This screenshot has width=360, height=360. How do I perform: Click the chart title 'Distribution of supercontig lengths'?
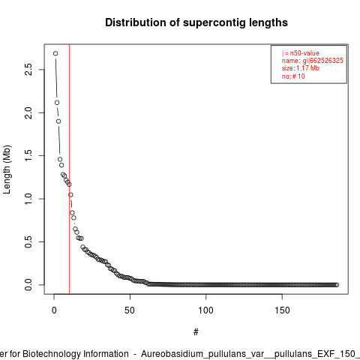coord(196,22)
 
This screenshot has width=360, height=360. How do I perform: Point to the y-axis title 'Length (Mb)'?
coord(7,169)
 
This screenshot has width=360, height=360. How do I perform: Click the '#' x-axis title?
coord(196,332)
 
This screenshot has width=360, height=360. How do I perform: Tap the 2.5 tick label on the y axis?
coord(28,69)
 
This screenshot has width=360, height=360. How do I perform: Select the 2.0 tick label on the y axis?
coord(28,112)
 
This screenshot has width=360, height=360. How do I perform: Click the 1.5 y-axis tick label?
coord(28,156)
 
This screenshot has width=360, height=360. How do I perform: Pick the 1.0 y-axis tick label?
coord(28,199)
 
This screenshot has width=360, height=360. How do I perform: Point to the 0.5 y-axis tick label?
coord(28,241)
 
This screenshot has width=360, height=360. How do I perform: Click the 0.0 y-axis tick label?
coord(28,285)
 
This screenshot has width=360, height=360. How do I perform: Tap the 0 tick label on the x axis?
coord(54,310)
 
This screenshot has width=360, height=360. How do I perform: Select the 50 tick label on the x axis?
coord(130,310)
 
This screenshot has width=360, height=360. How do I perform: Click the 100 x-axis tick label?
coord(205,310)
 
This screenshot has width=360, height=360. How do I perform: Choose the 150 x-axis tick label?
coord(282,310)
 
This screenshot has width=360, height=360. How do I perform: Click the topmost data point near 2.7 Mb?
coord(55,53)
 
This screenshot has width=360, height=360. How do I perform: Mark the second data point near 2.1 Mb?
coord(57,103)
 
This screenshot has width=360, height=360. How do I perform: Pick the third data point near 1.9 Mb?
coord(58,121)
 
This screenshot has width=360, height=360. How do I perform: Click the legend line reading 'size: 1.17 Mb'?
coord(301,68)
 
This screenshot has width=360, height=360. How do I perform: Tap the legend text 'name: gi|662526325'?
coord(313,61)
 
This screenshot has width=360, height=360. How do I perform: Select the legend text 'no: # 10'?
coord(293,76)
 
